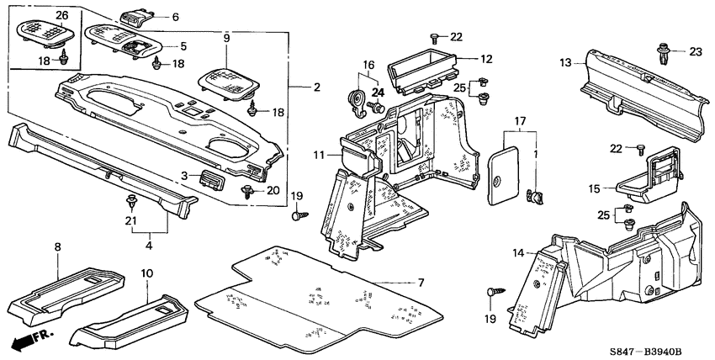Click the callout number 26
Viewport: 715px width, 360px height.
tap(40, 16)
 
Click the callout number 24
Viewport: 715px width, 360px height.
tap(377, 92)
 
